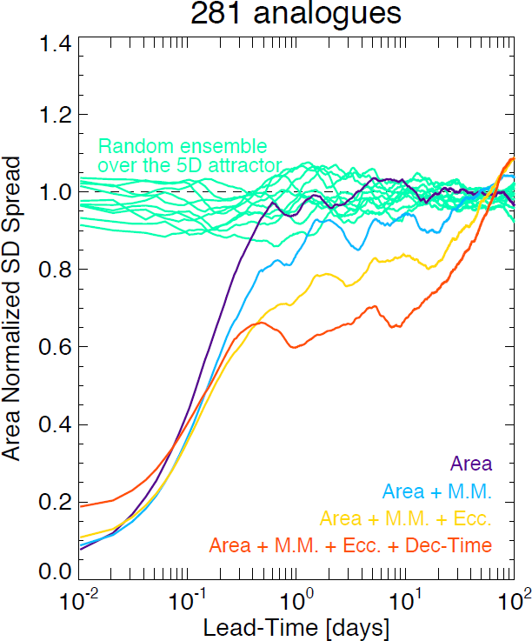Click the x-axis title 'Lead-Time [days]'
pyautogui.click(x=296, y=626)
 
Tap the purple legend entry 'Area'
pyautogui.click(x=471, y=464)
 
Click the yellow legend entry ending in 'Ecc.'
pyautogui.click(x=406, y=519)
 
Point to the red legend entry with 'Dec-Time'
pyautogui.click(x=350, y=546)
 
